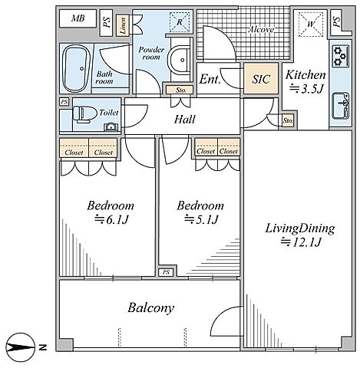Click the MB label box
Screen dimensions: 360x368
tap(78, 18)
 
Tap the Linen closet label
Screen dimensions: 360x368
tap(123, 25)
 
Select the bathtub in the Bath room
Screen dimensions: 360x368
tap(76, 68)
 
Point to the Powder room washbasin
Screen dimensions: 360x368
tap(179, 60)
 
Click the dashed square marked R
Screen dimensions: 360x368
tap(180, 22)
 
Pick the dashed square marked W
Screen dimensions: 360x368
tap(311, 25)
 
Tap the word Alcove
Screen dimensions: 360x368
tap(261, 29)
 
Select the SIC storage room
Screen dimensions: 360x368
tap(261, 78)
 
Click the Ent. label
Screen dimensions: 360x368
tap(210, 79)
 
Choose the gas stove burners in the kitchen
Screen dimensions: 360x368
tap(340, 56)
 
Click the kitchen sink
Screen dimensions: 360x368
tap(341, 106)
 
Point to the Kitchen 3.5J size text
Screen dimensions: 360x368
tap(307, 89)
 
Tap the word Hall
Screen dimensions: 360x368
tap(184, 120)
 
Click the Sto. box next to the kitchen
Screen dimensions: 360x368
tap(288, 120)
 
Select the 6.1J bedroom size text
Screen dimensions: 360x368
tap(111, 219)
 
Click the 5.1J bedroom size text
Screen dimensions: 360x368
tap(201, 219)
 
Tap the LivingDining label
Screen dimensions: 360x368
tap(300, 228)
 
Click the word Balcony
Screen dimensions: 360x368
tap(151, 308)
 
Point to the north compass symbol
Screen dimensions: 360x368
tap(21, 347)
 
